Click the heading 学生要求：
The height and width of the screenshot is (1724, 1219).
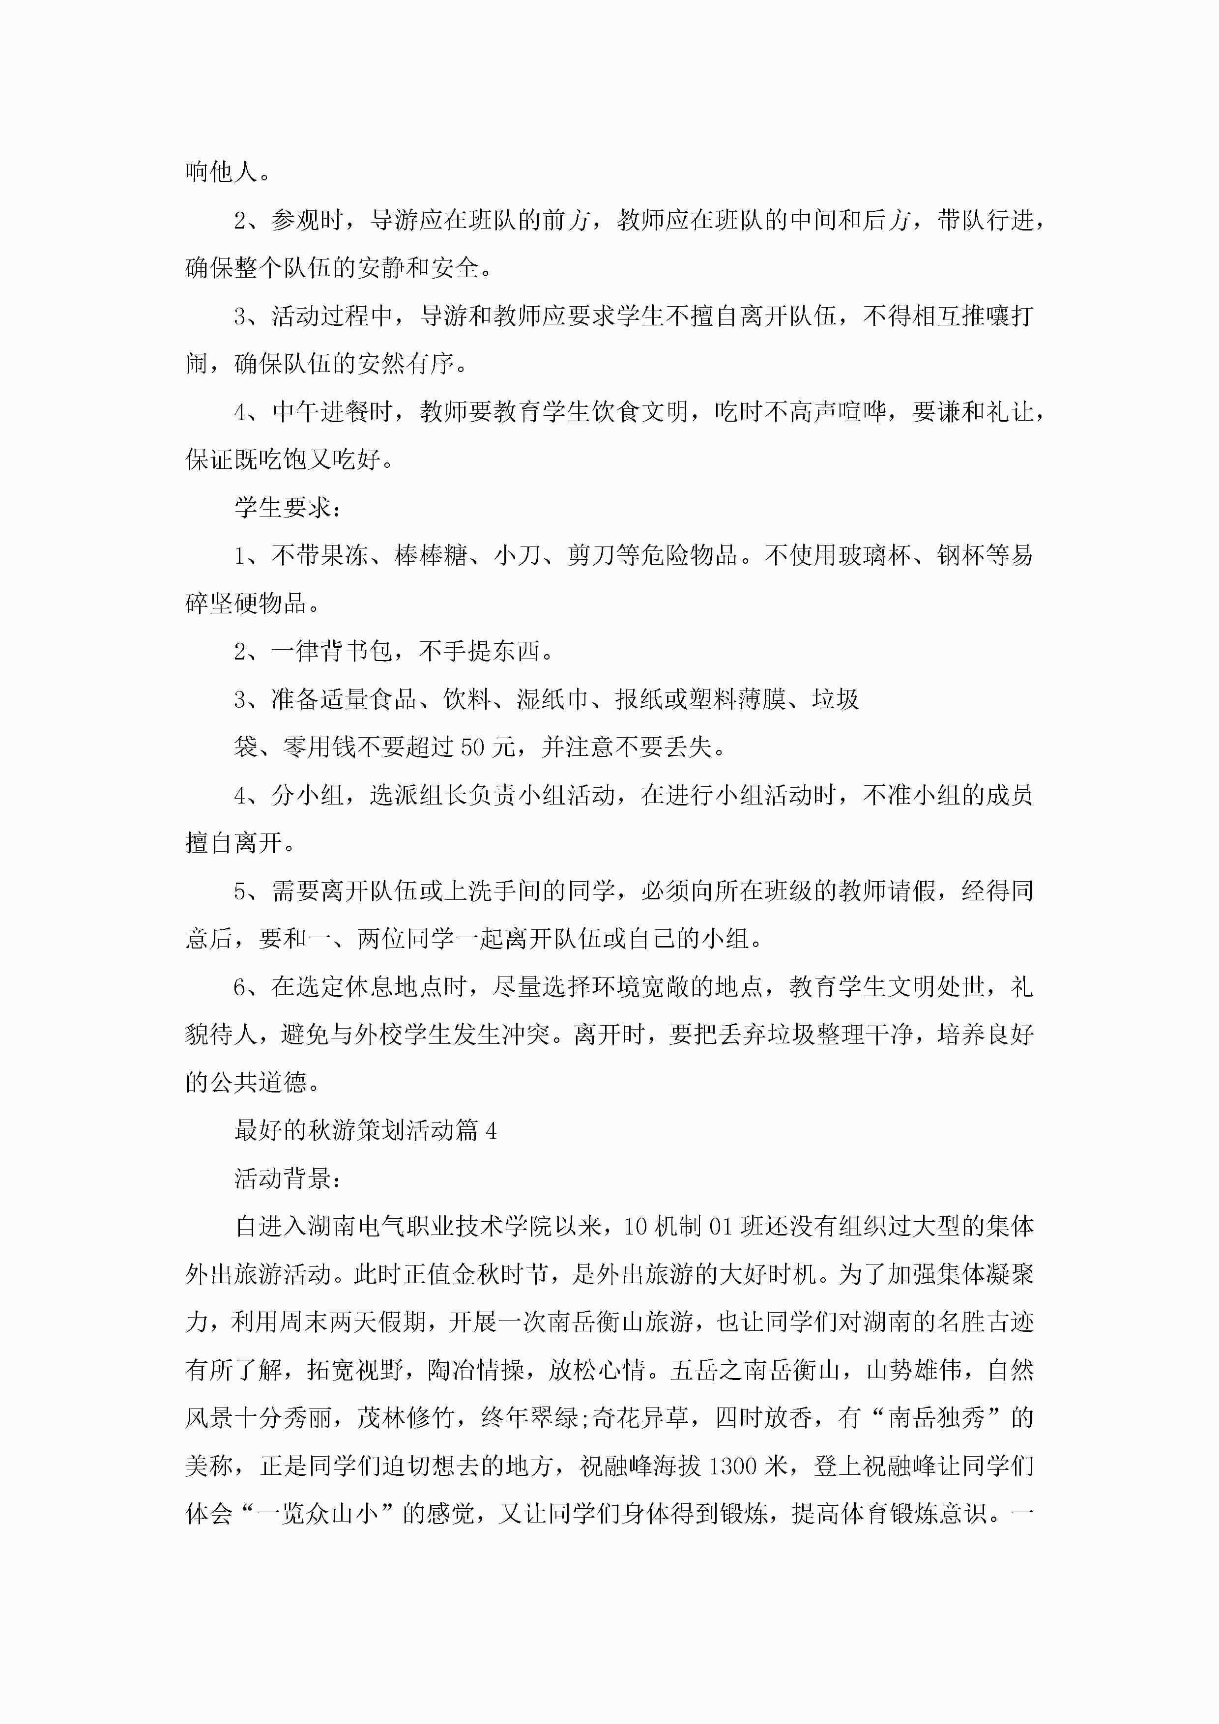point(288,508)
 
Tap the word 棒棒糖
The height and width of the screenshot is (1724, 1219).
point(431,556)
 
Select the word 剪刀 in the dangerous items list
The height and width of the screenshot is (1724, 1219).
point(590,556)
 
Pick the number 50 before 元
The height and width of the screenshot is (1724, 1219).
point(472,748)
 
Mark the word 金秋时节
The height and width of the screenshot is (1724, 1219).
point(499,1275)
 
